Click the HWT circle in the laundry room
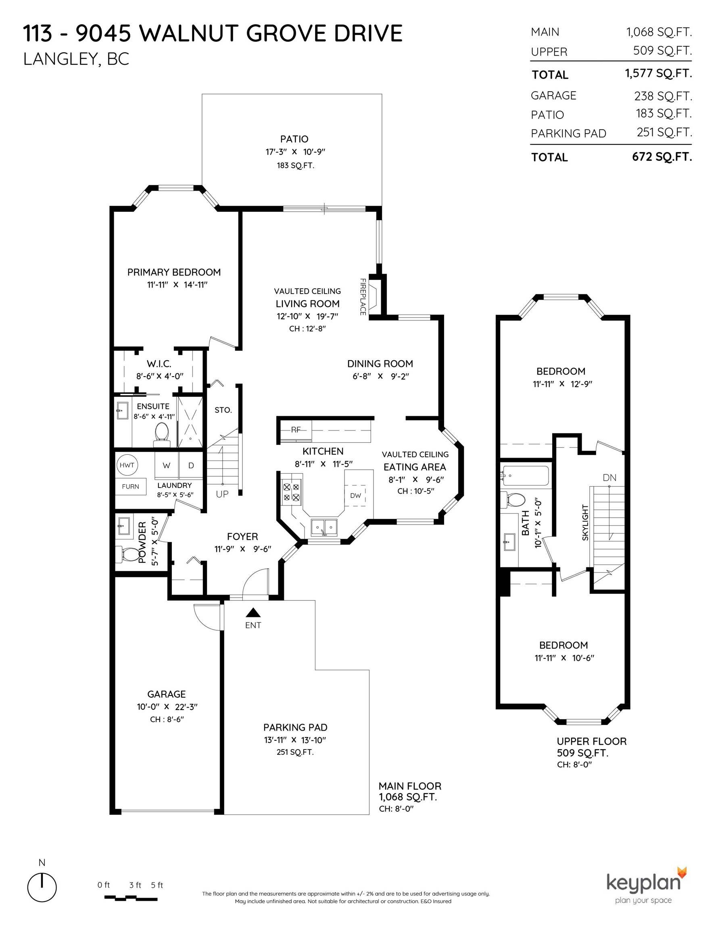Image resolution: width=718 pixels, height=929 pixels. (127, 465)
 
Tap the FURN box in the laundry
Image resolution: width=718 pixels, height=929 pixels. (130, 487)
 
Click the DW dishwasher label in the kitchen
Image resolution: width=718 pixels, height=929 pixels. (355, 496)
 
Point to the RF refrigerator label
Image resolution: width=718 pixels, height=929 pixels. (296, 429)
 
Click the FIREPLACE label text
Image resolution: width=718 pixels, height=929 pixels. (363, 296)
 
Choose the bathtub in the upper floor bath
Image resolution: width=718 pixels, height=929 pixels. (526, 475)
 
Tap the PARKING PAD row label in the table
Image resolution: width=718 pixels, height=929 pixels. (568, 133)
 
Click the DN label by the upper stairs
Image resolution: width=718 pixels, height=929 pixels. (609, 478)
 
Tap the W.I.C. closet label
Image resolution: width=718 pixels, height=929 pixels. (159, 364)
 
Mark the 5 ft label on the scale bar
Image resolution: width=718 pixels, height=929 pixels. (157, 885)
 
